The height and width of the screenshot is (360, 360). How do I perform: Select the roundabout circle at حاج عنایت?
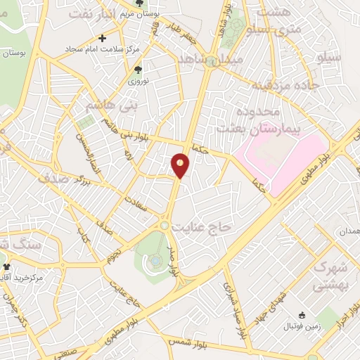(x=164, y=225)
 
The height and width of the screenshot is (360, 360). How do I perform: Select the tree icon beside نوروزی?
(x=138, y=69)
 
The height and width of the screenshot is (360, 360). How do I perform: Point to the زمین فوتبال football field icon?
(x=302, y=316)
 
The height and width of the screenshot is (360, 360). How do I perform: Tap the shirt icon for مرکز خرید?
(x=7, y=267)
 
